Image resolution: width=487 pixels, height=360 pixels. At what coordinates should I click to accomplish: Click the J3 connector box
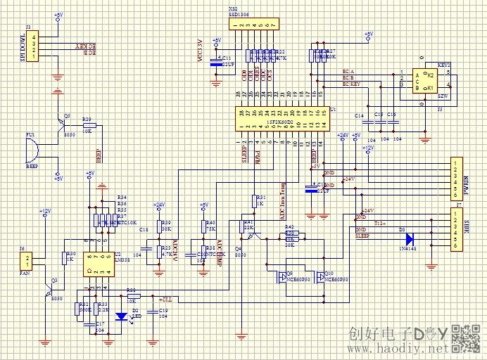pyautogui.click(x=33, y=47)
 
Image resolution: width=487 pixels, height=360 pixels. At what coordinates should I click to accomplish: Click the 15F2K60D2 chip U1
pyautogui.click(x=281, y=120)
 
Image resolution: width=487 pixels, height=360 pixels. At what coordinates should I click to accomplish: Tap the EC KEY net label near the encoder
pyautogui.click(x=351, y=84)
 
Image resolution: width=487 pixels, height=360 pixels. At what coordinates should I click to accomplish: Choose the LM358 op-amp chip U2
pyautogui.click(x=99, y=263)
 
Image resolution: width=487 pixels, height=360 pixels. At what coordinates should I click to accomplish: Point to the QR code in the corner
pyautogui.click(x=465, y=339)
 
